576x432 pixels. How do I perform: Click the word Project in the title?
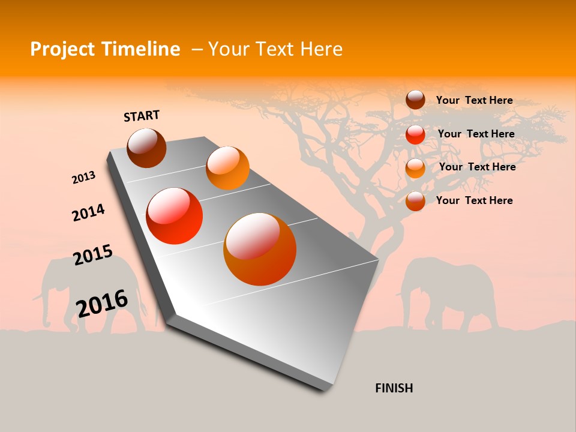coord(62,49)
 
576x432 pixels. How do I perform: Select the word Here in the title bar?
coord(321,49)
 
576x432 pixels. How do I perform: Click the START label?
coord(142,116)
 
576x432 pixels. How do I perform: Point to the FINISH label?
coord(394,388)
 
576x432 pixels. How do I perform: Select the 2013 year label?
coord(83,178)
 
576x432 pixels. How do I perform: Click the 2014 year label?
coord(88,213)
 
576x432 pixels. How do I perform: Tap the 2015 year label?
coord(93,255)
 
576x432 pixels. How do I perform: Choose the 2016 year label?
coord(102,303)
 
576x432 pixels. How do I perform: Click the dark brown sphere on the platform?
coord(146,148)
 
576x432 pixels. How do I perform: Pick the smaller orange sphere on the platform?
coord(227,168)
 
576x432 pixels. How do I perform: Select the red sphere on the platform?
coord(175,216)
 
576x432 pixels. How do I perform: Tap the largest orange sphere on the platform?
coord(260,249)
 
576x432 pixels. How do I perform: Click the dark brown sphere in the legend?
coord(415,100)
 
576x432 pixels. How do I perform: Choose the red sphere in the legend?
coord(415,134)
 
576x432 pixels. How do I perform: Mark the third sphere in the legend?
coord(415,168)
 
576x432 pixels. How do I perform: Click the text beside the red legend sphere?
coord(476,134)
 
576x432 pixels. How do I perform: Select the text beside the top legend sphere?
coord(474,100)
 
